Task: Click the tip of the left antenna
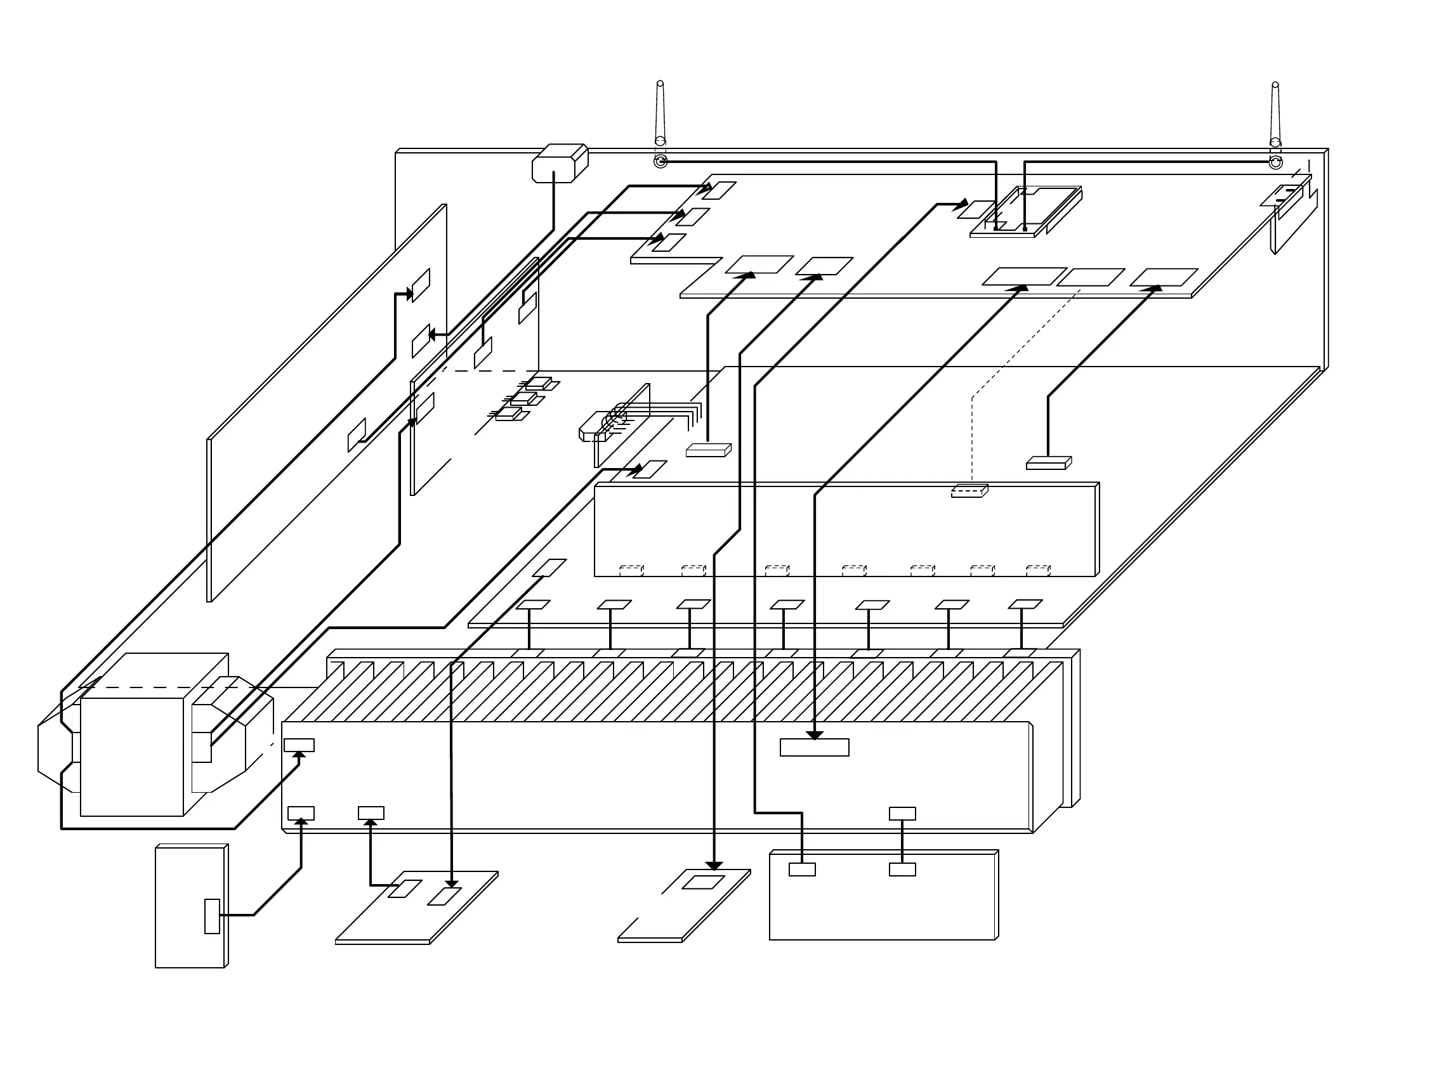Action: (x=660, y=83)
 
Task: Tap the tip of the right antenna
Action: (x=1275, y=85)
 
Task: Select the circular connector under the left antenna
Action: (x=660, y=161)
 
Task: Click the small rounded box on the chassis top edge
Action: (x=559, y=163)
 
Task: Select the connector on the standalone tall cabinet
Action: (x=211, y=916)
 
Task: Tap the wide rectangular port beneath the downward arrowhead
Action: (x=814, y=747)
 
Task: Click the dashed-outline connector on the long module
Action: (x=968, y=492)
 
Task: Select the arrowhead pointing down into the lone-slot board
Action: (x=713, y=866)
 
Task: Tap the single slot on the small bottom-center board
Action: (x=703, y=882)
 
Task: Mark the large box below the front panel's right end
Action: (x=883, y=895)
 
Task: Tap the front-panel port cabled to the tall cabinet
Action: (x=301, y=813)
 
